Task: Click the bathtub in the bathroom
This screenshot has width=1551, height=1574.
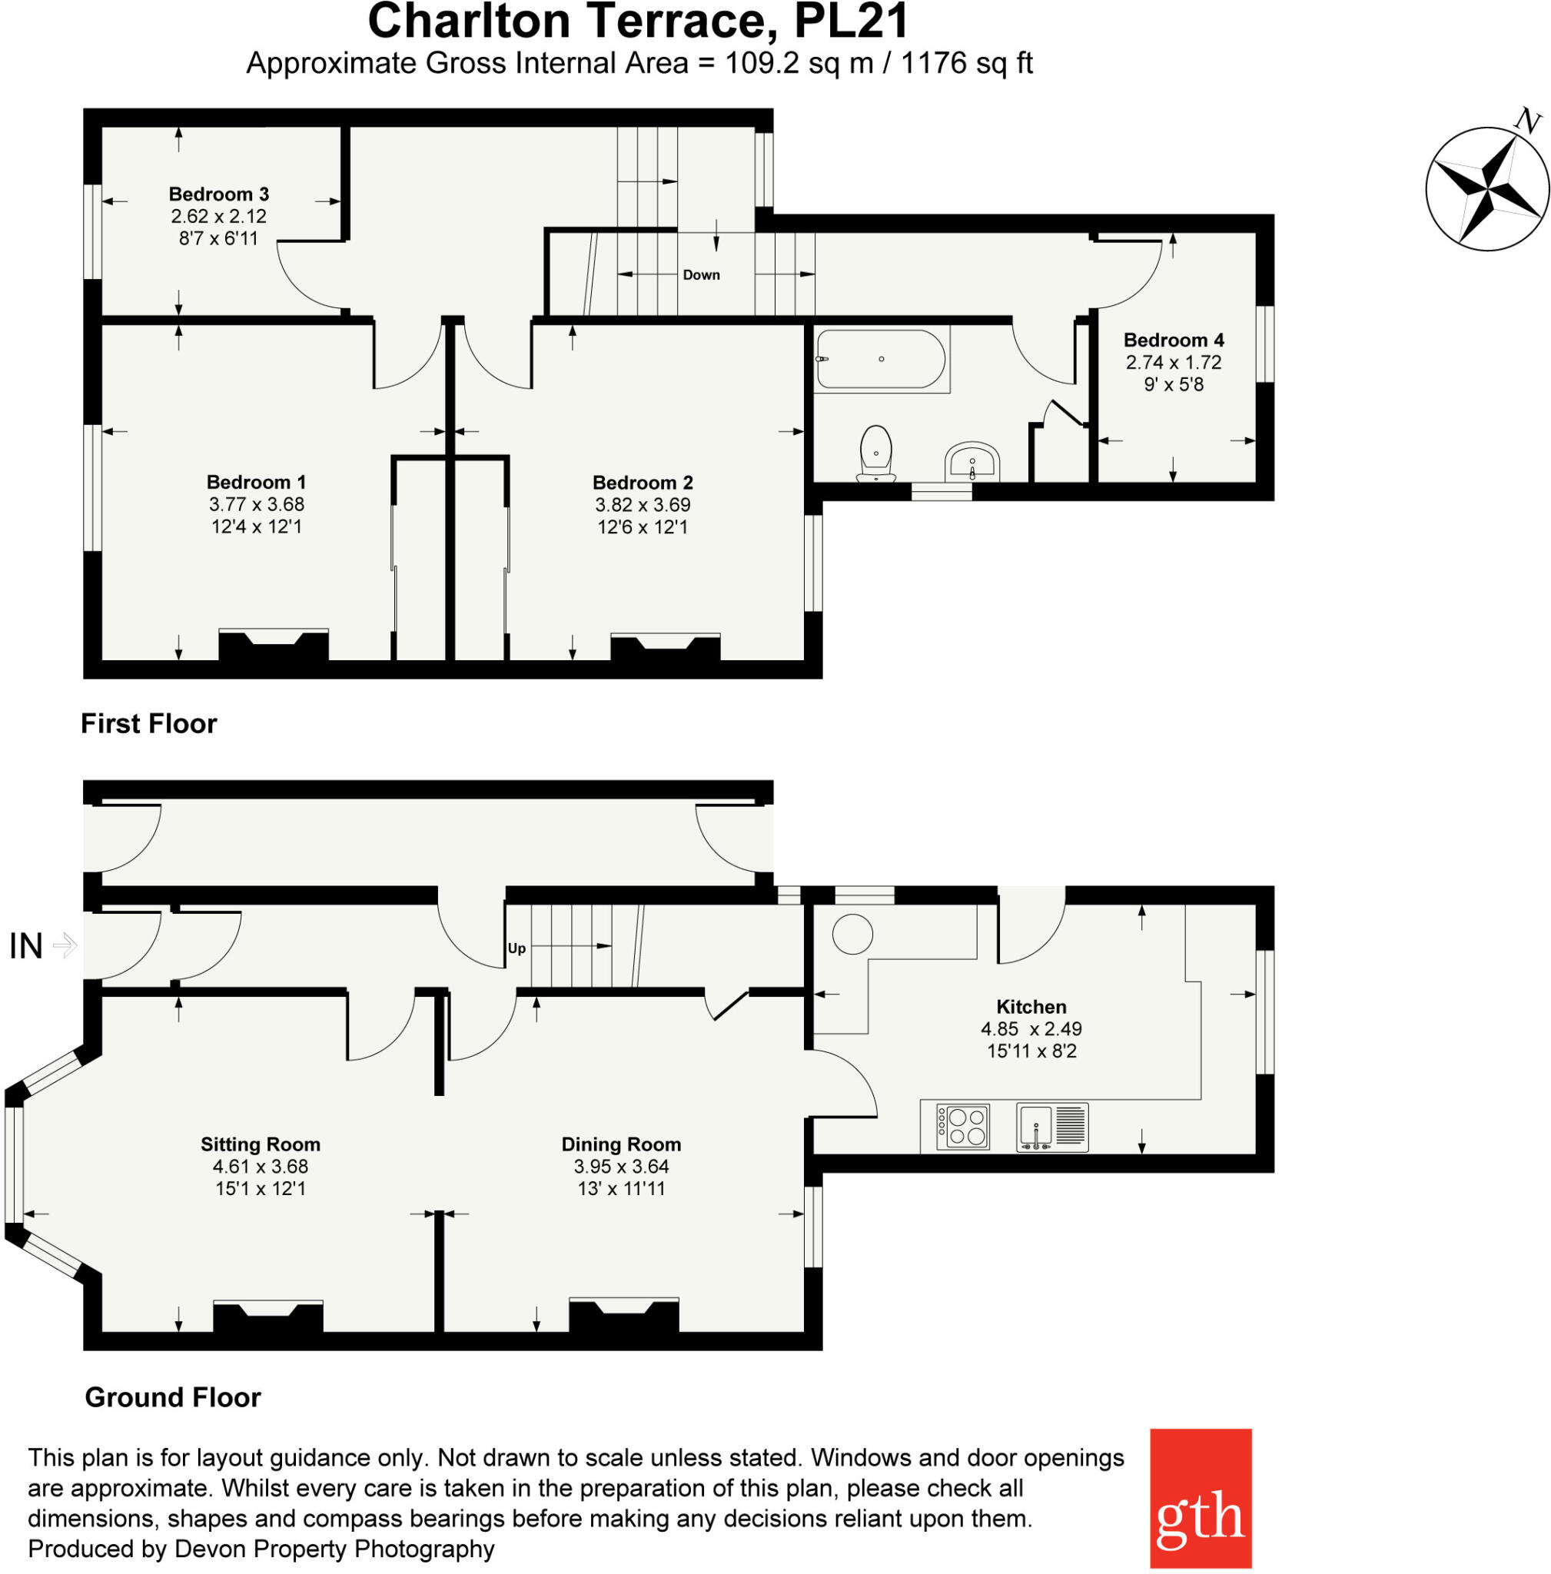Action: click(x=881, y=359)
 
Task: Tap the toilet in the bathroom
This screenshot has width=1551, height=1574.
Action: click(x=875, y=453)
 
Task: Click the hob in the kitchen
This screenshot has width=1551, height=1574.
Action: click(x=963, y=1127)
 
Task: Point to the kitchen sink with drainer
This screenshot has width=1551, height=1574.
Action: click(x=1051, y=1127)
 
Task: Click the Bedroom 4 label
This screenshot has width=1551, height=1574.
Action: click(x=1173, y=340)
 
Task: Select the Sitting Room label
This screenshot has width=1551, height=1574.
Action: click(x=260, y=1144)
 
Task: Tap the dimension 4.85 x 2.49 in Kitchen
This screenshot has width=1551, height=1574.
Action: click(x=1031, y=1028)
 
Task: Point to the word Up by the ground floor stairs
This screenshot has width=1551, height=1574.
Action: click(x=516, y=948)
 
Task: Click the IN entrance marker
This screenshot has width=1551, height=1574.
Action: click(x=26, y=946)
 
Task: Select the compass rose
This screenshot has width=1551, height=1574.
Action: click(x=1486, y=189)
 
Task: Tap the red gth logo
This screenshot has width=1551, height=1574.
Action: click(x=1200, y=1497)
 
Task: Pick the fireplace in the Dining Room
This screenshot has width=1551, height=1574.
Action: click(x=623, y=1314)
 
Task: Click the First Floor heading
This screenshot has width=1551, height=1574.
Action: click(x=148, y=723)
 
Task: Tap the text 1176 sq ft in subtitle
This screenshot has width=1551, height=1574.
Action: click(x=966, y=64)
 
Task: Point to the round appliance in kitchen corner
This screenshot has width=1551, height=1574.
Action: click(x=852, y=934)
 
